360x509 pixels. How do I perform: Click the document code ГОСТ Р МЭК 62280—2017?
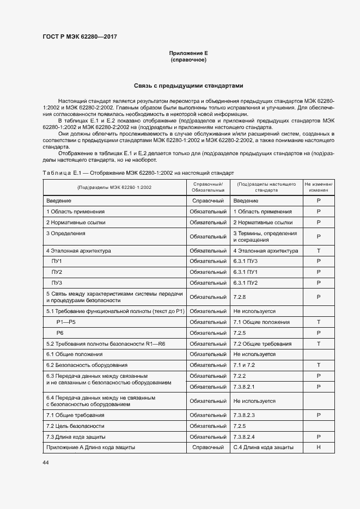79,37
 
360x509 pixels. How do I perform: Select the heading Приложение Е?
188,53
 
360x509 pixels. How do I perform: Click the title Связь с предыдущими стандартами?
188,86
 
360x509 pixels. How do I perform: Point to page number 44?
46,462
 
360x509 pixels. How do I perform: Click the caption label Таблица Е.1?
62,173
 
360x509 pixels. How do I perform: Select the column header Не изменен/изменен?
319,188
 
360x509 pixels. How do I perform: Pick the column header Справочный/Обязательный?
208,188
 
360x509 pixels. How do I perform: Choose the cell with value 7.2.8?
240,297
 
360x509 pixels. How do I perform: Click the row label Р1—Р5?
66,322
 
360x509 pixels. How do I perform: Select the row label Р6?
60,333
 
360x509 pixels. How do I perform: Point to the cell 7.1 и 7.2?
243,365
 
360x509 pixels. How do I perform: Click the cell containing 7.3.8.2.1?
244,386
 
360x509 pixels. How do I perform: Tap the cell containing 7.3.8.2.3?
244,415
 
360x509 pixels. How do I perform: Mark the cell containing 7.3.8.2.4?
244,437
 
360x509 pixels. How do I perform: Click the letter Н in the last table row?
319,447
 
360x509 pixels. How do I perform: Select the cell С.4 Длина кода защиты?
264,447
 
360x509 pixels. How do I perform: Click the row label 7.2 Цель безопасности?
75,426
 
